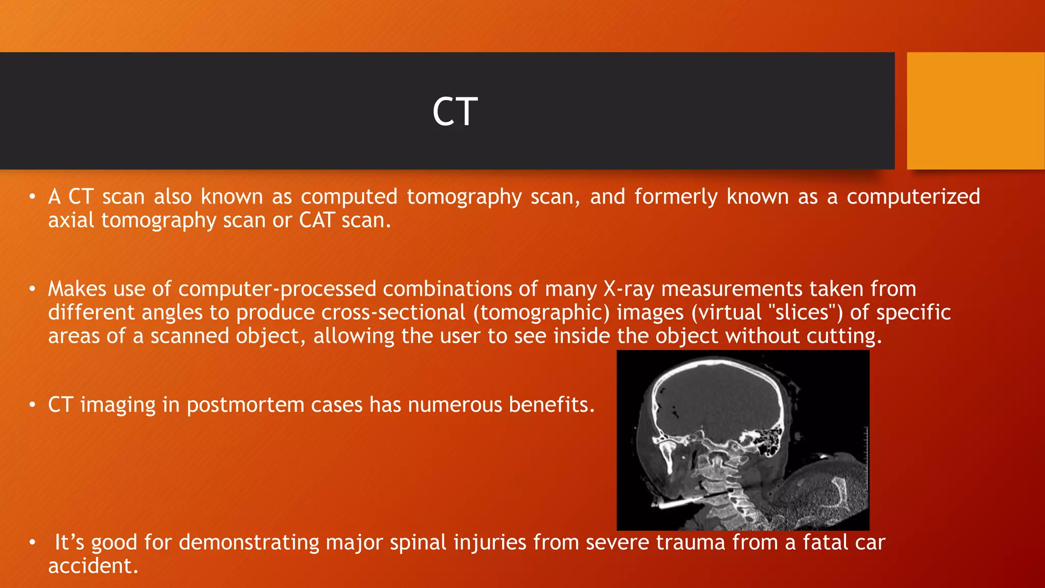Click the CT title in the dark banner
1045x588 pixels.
pyautogui.click(x=455, y=112)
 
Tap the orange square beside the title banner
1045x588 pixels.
pyautogui.click(x=975, y=111)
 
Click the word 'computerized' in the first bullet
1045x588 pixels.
pyautogui.click(x=913, y=197)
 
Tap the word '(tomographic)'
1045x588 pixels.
pyautogui.click(x=541, y=312)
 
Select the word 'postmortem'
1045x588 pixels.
pyautogui.click(x=245, y=405)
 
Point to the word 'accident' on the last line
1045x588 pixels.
pyautogui.click(x=92, y=566)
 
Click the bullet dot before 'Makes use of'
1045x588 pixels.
pyautogui.click(x=32, y=289)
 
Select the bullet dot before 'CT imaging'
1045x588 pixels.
pyautogui.click(x=32, y=405)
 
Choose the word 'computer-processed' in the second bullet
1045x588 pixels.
pyautogui.click(x=277, y=289)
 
